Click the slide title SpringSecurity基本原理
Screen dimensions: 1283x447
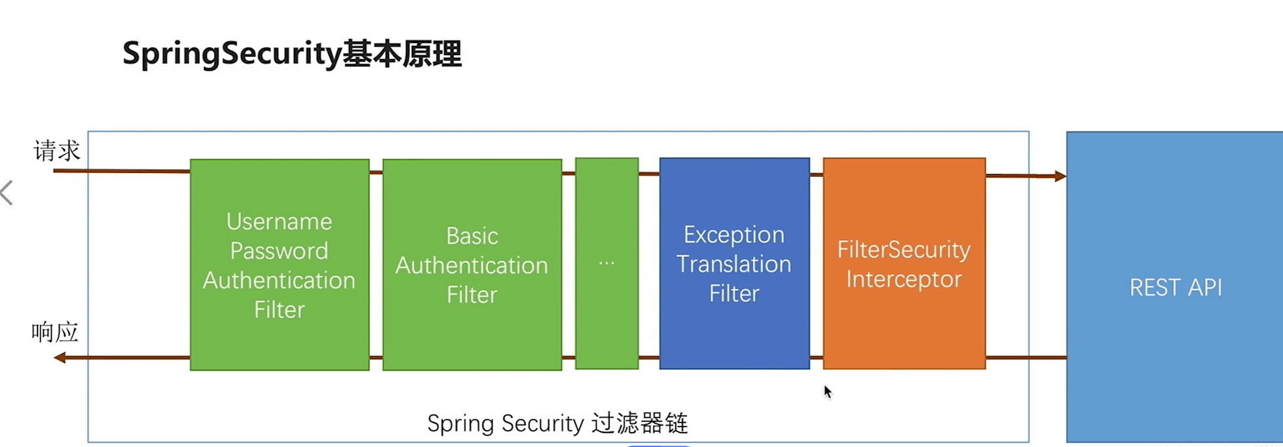point(292,54)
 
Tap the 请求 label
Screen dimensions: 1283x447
point(57,151)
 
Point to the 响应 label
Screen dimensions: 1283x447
point(55,332)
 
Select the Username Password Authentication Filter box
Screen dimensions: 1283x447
point(279,265)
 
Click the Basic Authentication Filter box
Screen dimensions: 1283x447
point(472,265)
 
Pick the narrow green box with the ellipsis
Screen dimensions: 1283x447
point(607,263)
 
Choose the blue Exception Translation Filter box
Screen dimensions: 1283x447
point(735,263)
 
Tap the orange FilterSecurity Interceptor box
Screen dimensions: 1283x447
point(905,263)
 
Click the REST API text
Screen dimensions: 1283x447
point(1176,288)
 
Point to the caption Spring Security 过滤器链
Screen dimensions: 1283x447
point(558,423)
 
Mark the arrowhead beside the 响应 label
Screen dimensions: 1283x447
point(60,357)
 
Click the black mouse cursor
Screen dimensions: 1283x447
point(828,392)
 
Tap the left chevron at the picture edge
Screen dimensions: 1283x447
point(7,193)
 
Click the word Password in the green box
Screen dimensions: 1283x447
point(279,251)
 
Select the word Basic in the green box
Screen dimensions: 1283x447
point(472,236)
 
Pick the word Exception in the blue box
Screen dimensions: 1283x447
point(734,235)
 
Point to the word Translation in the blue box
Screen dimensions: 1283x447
point(734,264)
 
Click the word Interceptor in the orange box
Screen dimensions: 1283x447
point(904,279)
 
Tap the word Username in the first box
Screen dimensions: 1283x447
point(279,222)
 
